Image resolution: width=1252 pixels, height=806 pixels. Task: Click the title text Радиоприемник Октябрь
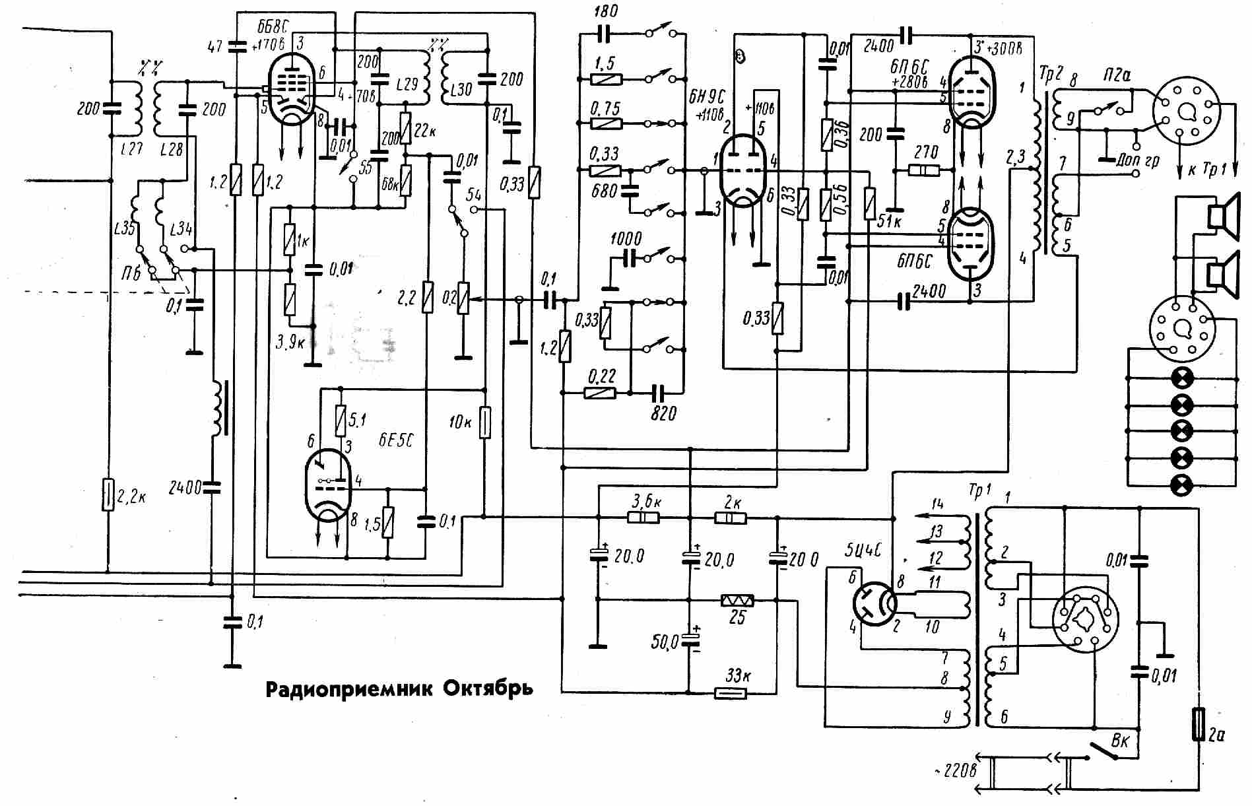click(x=399, y=688)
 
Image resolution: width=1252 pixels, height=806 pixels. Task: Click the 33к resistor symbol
click(x=731, y=693)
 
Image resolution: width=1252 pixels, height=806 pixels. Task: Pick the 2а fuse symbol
click(x=1199, y=723)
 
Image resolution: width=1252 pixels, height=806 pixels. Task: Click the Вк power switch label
click(x=1121, y=740)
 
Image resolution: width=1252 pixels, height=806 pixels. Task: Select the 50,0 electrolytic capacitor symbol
click(x=690, y=640)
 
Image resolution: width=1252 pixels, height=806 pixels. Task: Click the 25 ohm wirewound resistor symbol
click(x=737, y=600)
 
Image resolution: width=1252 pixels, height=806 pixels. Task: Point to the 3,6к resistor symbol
click(x=643, y=518)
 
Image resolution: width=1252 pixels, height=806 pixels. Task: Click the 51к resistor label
click(x=889, y=221)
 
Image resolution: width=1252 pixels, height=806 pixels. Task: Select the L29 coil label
click(x=407, y=84)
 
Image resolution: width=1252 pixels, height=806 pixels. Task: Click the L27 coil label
click(x=131, y=150)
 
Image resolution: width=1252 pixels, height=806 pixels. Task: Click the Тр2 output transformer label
click(x=1051, y=75)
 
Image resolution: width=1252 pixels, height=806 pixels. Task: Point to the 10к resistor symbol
click(x=485, y=422)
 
